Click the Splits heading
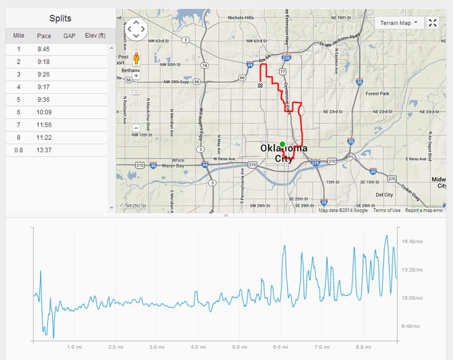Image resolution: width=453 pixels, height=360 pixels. pyautogui.click(x=60, y=19)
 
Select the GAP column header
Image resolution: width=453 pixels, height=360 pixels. pyautogui.click(x=69, y=36)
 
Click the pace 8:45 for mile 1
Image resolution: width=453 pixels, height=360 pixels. pyautogui.click(x=44, y=50)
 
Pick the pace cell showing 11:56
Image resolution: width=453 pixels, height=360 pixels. pyautogui.click(x=44, y=125)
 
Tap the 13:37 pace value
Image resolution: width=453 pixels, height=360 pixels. pyautogui.click(x=44, y=150)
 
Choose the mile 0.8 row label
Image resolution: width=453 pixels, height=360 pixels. pyautogui.click(x=19, y=150)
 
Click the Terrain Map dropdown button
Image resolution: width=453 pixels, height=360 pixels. pyautogui.click(x=399, y=23)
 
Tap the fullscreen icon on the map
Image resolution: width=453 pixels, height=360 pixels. pyautogui.click(x=432, y=23)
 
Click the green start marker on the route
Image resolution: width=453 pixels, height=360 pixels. pyautogui.click(x=282, y=144)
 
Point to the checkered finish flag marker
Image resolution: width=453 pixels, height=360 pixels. pyautogui.click(x=260, y=85)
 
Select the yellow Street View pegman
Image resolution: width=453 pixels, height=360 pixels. pyautogui.click(x=136, y=57)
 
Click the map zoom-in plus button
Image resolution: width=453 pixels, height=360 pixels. pyautogui.click(x=136, y=76)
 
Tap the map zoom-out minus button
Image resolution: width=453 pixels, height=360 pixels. pyautogui.click(x=136, y=128)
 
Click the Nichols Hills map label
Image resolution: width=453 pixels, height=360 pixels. pyautogui.click(x=241, y=18)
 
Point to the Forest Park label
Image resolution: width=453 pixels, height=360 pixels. pyautogui.click(x=377, y=94)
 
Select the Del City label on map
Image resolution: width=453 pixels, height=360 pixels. pyautogui.click(x=385, y=195)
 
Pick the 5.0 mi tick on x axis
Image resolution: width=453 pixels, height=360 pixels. pyautogui.click(x=239, y=347)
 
